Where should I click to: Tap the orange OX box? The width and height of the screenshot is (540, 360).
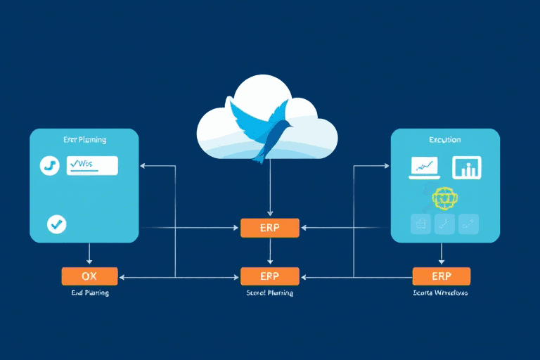89,276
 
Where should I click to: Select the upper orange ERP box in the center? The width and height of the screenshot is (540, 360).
270,227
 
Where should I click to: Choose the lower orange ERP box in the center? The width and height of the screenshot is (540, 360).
270,276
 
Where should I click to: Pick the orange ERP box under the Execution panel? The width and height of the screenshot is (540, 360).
441,276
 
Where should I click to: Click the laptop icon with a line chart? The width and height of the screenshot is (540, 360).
424,167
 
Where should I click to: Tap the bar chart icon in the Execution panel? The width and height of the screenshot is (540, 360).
465,167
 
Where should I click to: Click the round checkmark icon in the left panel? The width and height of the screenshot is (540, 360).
56,224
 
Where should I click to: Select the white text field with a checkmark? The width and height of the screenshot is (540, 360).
91,165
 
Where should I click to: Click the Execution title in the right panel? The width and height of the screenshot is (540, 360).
444,140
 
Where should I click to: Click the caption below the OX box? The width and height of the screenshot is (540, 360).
89,292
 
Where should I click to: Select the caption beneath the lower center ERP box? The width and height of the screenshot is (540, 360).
270,292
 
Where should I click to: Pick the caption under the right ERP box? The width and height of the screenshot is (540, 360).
441,292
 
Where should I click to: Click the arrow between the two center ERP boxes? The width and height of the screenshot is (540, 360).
270,252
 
